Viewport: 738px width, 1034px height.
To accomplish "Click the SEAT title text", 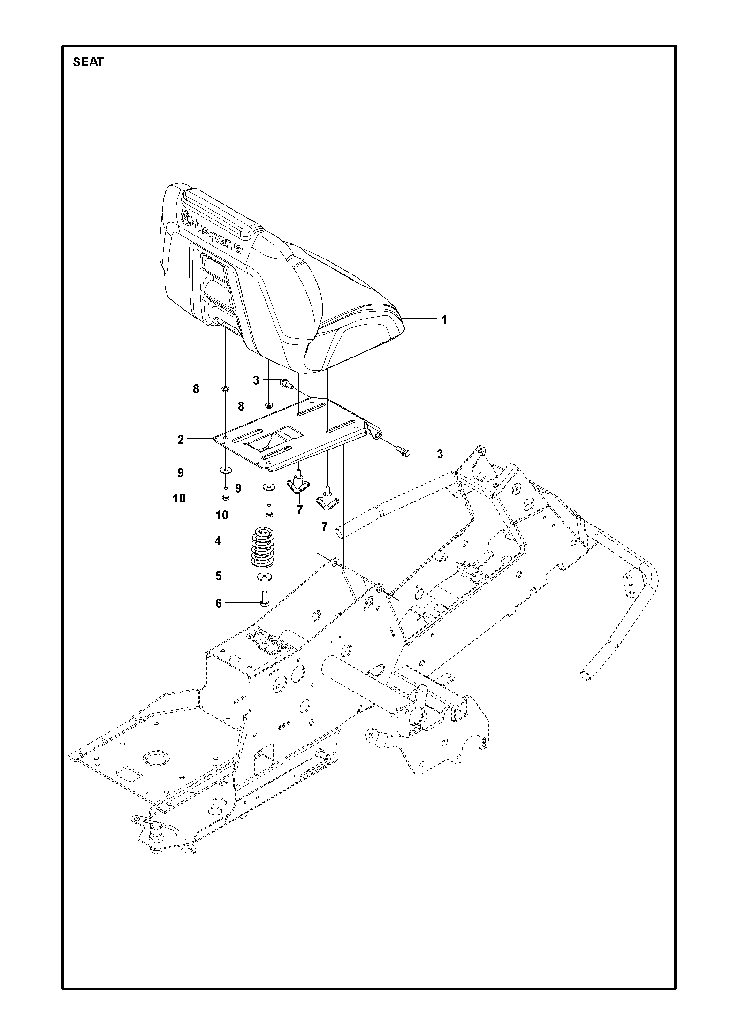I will (x=88, y=62).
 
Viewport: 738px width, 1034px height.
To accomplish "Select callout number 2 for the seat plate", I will (x=181, y=440).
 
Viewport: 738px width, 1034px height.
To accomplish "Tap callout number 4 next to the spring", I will (x=218, y=541).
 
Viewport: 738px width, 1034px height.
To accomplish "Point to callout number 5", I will (x=218, y=576).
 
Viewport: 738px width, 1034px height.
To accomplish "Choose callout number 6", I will (x=218, y=603).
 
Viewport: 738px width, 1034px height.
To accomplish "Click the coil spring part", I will (x=264, y=547).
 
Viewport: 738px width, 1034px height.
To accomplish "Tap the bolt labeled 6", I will (x=264, y=599).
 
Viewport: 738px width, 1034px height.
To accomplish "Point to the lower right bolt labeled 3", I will (x=403, y=452).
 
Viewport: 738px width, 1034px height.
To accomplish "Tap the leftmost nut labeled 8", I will (x=225, y=388).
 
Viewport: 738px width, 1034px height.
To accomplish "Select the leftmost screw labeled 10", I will (x=225, y=493).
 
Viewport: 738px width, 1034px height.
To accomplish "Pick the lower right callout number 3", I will (x=440, y=454).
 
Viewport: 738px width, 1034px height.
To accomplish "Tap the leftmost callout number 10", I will (x=179, y=498).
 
